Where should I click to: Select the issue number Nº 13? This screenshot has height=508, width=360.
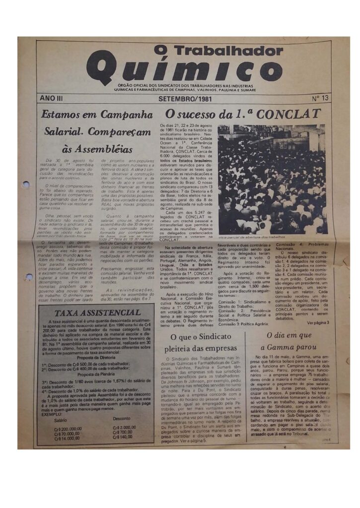[x=320, y=99]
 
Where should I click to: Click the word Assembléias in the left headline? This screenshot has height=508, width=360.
[x=97, y=149]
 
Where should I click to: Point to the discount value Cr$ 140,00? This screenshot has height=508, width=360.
[x=123, y=438]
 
